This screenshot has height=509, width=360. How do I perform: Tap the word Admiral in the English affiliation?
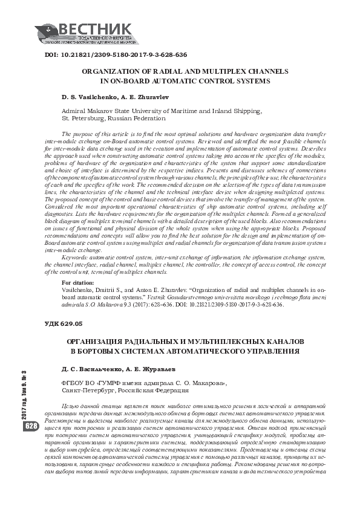[x=76, y=111]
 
